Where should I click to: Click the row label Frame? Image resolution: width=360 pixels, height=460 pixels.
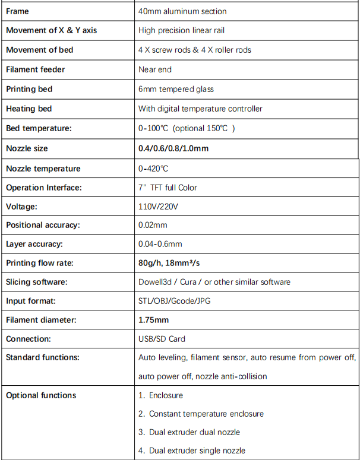17,11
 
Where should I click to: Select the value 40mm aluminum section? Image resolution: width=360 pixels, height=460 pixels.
182,11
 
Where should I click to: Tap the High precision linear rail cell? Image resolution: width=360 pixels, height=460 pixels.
181,30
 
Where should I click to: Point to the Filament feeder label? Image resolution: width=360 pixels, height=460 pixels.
35,69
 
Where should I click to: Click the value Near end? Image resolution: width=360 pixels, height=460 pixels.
154,69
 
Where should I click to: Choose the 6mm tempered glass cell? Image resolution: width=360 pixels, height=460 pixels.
176,89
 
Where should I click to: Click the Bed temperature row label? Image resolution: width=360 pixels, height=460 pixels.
39,128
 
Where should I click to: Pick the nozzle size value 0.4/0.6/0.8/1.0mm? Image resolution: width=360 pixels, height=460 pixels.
173,148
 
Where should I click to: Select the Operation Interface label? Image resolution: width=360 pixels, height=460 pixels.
43,188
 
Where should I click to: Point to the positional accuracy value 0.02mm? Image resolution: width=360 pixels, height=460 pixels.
153,225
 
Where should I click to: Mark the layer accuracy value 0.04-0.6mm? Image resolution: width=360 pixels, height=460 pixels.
160,244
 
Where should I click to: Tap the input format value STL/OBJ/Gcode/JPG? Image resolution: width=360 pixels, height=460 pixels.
174,301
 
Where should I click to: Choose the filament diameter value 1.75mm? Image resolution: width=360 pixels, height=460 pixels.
153,320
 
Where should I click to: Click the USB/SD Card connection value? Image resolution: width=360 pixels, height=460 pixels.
162,339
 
